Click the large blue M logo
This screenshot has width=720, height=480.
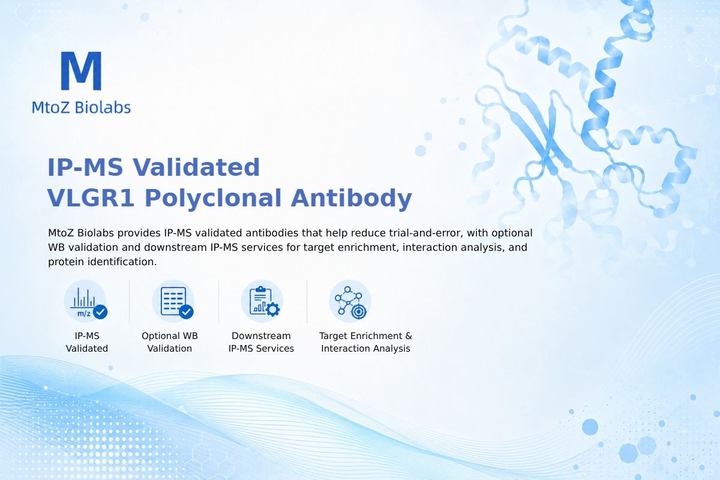pos(81,71)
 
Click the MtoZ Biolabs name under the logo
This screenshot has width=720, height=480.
pos(81,107)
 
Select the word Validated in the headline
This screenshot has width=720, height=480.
pos(196,167)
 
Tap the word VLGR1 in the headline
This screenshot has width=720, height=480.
pos(91,198)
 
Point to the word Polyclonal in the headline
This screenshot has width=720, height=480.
pos(213,199)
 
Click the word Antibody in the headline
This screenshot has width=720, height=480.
pos(352,199)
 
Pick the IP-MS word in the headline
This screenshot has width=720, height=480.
pos(85,167)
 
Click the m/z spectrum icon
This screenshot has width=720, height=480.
pos(85,301)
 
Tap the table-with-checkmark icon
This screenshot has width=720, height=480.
pos(173,301)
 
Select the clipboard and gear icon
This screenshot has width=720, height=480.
pos(262,301)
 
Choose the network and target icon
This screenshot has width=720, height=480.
pos(350,301)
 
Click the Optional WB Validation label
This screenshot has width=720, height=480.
pos(170,342)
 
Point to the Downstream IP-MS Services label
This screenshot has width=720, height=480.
pos(262,342)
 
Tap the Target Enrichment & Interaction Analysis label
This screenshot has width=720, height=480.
pos(365,342)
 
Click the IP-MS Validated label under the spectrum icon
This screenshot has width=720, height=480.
pos(87,342)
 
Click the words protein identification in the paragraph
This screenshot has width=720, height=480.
pos(102,262)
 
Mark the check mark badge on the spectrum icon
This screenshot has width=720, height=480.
pos(100,311)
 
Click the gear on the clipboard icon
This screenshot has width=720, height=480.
pos(272,310)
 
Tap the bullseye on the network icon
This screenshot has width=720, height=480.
pos(358,311)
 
